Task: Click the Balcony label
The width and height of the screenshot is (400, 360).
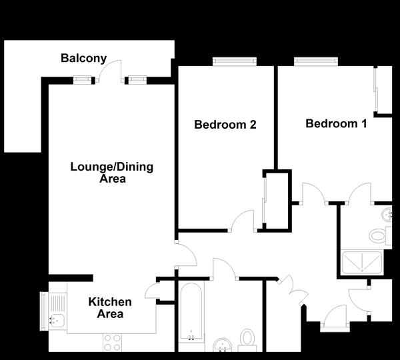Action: point(83,58)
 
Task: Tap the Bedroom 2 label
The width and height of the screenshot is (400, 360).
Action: point(225,124)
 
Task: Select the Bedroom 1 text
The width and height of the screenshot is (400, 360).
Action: point(336,123)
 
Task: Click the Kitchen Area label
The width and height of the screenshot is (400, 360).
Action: point(110,307)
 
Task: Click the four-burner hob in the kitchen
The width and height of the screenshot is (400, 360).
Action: point(111,342)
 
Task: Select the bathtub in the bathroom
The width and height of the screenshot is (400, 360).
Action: point(191,314)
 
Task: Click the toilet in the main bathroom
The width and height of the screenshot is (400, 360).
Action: point(248,339)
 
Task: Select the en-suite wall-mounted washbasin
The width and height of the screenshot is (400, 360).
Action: point(388,214)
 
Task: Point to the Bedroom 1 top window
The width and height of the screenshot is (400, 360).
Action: point(315,63)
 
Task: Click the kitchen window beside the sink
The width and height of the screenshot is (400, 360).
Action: point(44,311)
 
